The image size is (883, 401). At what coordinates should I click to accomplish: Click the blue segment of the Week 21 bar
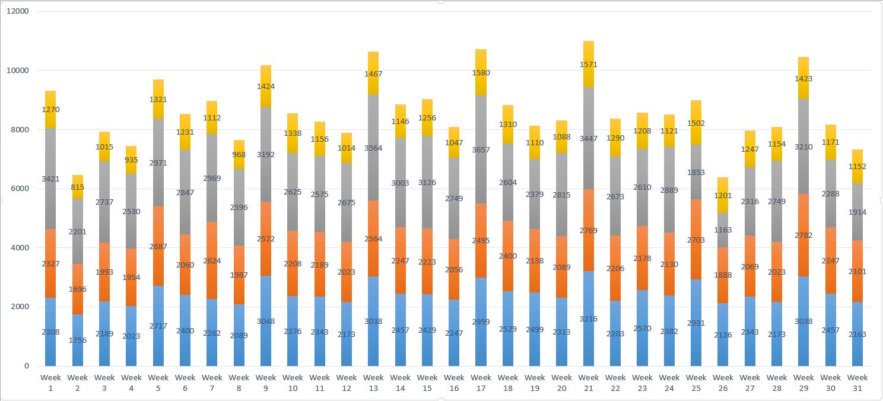pyautogui.click(x=588, y=332)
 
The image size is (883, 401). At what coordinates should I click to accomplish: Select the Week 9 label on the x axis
pyautogui.click(x=266, y=383)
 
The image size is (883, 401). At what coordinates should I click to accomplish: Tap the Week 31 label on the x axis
pyautogui.click(x=857, y=383)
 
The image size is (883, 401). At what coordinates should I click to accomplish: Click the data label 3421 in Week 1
pyautogui.click(x=50, y=179)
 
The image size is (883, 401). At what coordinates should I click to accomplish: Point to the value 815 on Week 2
pyautogui.click(x=77, y=187)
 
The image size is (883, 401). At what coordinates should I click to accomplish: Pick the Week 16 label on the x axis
pyautogui.click(x=454, y=383)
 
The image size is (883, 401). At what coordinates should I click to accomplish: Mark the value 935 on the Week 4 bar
pyautogui.click(x=131, y=160)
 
